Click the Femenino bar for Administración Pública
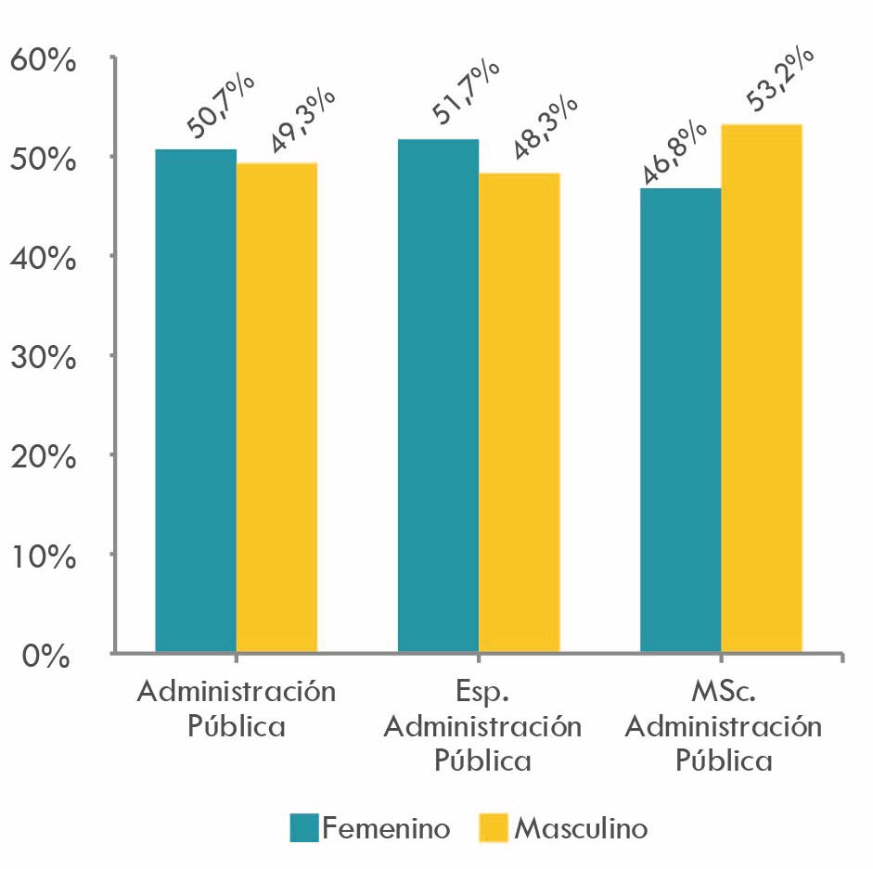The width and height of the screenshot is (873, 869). click(196, 401)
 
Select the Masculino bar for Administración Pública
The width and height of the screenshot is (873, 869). click(276, 408)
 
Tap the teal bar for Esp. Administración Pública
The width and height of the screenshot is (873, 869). click(438, 396)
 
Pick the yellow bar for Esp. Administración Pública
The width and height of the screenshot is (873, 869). click(519, 413)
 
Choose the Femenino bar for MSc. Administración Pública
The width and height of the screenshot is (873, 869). click(680, 420)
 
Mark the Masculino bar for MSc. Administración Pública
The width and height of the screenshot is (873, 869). click(761, 389)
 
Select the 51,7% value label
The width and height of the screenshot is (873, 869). click(465, 91)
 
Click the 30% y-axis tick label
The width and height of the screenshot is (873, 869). click(42, 358)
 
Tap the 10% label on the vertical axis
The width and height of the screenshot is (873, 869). click(42, 556)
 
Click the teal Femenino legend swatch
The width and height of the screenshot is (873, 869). click(304, 827)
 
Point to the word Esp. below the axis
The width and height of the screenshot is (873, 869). click(481, 692)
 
